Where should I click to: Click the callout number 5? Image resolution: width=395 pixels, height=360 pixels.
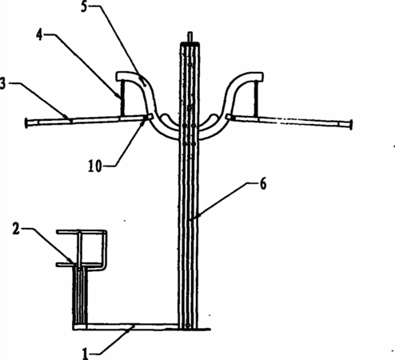coord(84,6)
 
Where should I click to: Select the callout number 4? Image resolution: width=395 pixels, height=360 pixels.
coord(39,34)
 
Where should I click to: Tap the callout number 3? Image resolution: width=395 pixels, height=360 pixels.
coord(2,83)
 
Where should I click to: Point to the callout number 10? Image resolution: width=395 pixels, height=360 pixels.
coord(95,166)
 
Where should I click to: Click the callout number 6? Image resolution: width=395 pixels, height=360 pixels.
coord(263,184)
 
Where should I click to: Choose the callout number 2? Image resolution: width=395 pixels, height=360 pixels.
coord(16,229)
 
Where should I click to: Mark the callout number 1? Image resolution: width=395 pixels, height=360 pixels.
coord(86,354)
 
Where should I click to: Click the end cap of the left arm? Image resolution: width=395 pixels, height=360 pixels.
coord(26,123)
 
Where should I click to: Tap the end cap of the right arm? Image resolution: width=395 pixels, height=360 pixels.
coord(351,125)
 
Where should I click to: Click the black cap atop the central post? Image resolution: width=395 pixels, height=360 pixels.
coord(190,43)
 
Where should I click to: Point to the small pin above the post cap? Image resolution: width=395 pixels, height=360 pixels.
coord(190,37)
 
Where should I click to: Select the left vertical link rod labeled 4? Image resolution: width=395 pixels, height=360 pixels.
coord(122,98)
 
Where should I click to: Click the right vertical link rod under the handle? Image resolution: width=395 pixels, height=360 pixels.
coord(256,98)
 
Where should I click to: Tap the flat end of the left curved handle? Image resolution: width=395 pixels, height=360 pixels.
coord(121,76)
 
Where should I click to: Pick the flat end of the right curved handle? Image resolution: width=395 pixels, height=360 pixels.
coord(258,77)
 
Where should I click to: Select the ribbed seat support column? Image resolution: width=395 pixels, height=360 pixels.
coord(80,295)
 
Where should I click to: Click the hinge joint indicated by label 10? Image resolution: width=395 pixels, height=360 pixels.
coord(148,117)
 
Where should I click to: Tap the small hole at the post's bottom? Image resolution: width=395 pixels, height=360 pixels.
coord(188,326)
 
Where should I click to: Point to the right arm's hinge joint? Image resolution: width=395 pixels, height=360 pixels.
coord(230,117)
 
